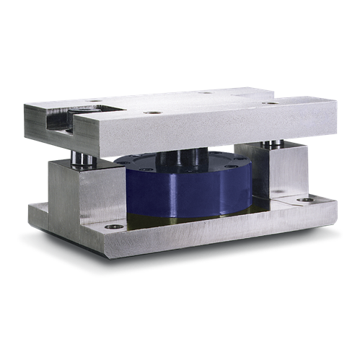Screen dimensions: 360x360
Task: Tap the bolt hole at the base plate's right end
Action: click(306, 199)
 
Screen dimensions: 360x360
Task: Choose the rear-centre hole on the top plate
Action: click(206, 92)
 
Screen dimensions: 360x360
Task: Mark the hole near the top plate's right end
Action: click(272, 102)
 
